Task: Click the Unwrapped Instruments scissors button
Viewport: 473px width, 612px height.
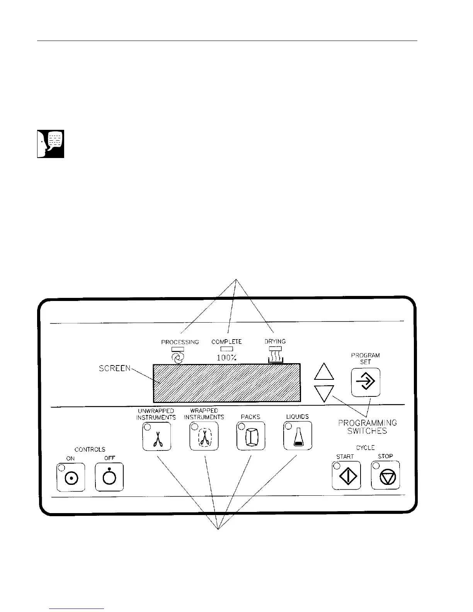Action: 157,436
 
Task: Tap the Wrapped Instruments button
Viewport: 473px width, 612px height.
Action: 204,436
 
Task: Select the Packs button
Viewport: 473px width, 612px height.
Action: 251,436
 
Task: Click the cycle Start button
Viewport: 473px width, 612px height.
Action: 346,475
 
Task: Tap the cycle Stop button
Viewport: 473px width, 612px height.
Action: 385,475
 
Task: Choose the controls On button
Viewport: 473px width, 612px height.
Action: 71,477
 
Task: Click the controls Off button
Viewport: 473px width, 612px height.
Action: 109,477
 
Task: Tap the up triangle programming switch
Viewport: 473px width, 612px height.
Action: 324,372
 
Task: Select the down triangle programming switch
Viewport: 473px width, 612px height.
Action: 324,394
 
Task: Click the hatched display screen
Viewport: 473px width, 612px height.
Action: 227,382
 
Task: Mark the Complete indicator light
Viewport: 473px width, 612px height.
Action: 226,349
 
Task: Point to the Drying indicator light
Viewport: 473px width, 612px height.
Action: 275,349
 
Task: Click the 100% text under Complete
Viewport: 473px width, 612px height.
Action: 226,358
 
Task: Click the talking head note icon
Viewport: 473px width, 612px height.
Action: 51,144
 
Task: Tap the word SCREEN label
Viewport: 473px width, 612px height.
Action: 115,369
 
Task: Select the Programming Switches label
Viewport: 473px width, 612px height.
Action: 367,427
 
